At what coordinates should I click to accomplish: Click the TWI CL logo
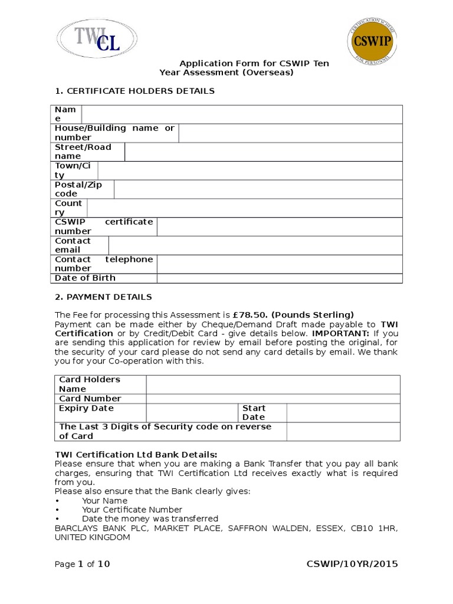click(x=97, y=38)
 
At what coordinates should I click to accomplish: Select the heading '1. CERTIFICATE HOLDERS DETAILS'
click(x=134, y=91)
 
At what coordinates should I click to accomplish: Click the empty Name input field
click(x=242, y=114)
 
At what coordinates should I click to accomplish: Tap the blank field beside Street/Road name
click(x=263, y=152)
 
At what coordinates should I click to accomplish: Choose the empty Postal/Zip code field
click(x=258, y=189)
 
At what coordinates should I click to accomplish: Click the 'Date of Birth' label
click(x=85, y=278)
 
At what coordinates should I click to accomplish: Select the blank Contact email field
click(x=255, y=245)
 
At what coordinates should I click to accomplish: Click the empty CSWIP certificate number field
click(x=280, y=226)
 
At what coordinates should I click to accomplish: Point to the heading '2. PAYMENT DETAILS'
click(x=103, y=297)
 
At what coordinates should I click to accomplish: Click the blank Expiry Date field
click(x=192, y=412)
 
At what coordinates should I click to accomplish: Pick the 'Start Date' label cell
click(x=262, y=412)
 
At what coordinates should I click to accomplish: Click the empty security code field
click(x=343, y=431)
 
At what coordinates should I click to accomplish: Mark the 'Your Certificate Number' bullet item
click(x=132, y=510)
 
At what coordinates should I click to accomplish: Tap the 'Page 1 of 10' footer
click(x=82, y=564)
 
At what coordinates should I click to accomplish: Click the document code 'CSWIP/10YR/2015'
click(x=352, y=564)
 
